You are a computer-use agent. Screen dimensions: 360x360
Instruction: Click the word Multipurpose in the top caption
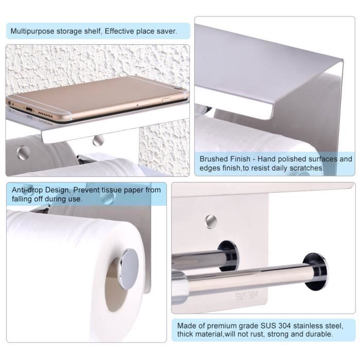coord(32,31)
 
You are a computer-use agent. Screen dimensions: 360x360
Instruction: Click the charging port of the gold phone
coord(29,109)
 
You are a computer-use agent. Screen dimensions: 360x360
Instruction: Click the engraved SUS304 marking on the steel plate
coord(246,296)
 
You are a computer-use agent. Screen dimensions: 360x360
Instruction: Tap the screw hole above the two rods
coord(211,222)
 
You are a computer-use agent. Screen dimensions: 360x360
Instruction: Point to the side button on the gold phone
coord(166,99)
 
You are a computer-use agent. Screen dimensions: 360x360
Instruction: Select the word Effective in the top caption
coord(119,31)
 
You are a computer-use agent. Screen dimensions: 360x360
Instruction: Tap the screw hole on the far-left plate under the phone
coord(23,153)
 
